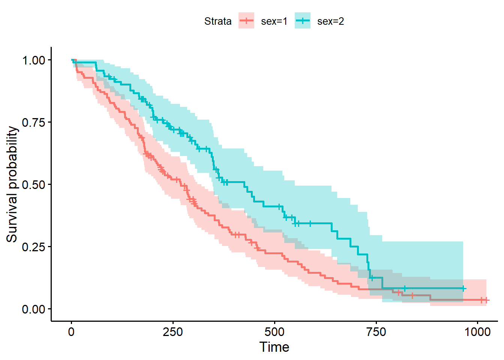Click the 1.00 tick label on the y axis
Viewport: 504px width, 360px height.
(x=34, y=60)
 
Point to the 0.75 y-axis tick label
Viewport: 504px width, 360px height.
(x=34, y=123)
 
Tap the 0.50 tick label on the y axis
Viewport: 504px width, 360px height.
(x=34, y=185)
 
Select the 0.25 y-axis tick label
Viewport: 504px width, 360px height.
(x=34, y=247)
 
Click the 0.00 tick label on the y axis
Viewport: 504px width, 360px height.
(x=34, y=309)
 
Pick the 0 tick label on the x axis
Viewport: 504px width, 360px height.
(x=71, y=332)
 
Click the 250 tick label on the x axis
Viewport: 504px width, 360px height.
(x=173, y=332)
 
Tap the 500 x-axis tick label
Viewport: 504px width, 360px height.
(x=274, y=332)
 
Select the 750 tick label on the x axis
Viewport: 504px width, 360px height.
(x=376, y=332)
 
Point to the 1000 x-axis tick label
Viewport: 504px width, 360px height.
(x=477, y=332)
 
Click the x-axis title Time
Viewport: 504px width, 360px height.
(x=274, y=347)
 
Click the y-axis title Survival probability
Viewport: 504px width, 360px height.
(x=12, y=184)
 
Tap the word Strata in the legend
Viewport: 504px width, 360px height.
(x=218, y=21)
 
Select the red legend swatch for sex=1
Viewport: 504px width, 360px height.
(x=246, y=21)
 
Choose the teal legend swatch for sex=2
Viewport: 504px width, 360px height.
(x=303, y=21)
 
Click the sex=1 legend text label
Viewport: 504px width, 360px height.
(x=274, y=21)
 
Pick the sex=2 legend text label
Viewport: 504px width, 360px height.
(x=330, y=21)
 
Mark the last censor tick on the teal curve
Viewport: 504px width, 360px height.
(x=463, y=288)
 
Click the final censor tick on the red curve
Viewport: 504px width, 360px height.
(x=486, y=300)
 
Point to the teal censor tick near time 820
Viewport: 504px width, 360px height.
(x=404, y=288)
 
